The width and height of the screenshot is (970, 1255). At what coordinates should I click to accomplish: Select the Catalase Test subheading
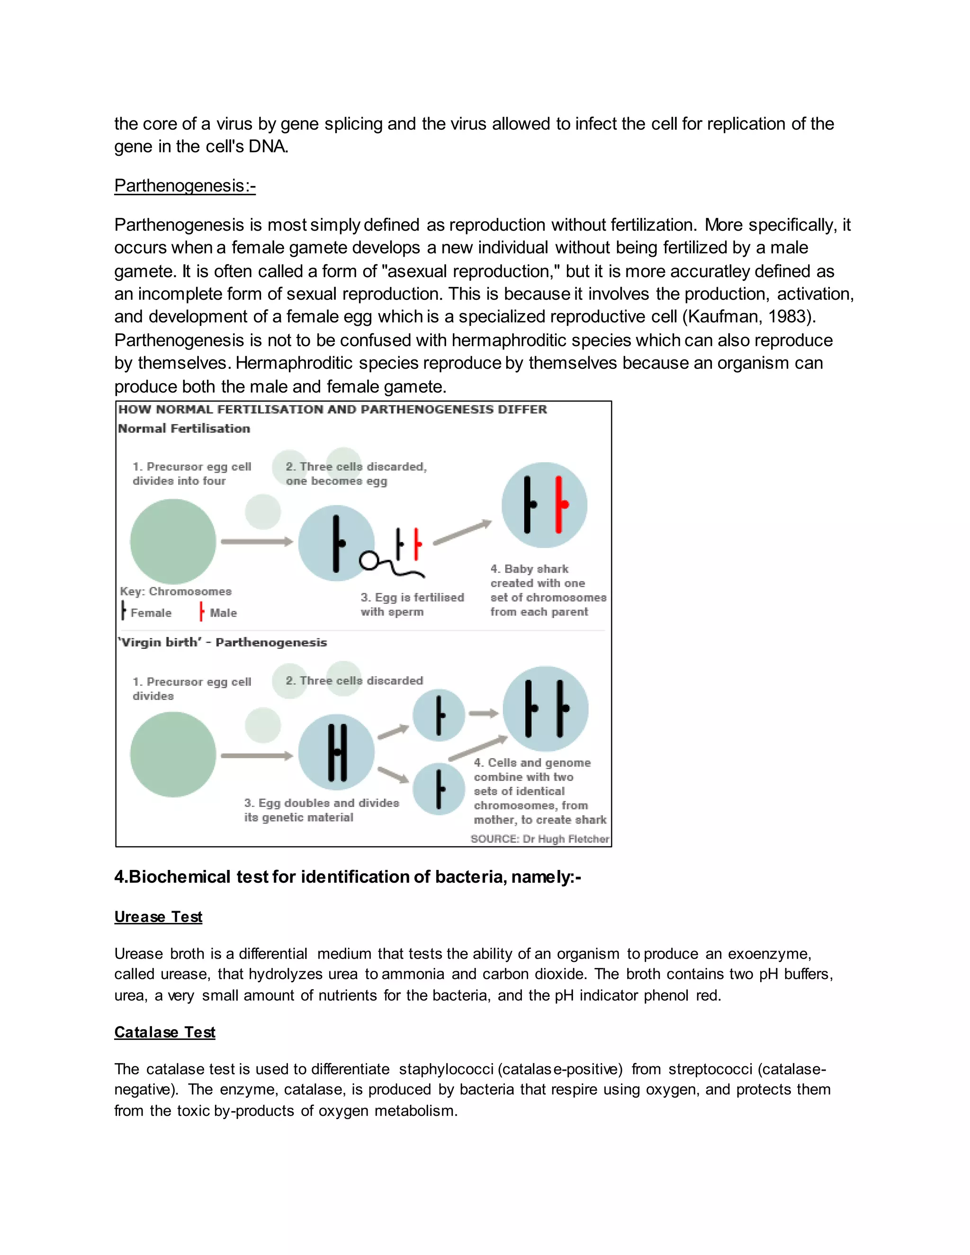click(x=164, y=1032)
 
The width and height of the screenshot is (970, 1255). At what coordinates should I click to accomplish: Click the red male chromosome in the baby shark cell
click(x=560, y=504)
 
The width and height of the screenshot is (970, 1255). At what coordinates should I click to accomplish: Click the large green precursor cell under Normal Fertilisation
click(x=173, y=541)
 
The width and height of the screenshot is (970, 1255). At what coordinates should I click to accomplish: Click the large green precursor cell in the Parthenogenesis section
click(x=173, y=754)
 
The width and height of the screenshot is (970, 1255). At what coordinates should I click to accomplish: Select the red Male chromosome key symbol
click(x=201, y=611)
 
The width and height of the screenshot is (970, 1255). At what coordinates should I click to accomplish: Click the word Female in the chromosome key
click(x=151, y=613)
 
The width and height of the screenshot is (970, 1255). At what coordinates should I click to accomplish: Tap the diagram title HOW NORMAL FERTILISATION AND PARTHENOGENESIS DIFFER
click(x=332, y=410)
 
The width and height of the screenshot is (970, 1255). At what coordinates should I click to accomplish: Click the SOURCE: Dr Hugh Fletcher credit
click(x=539, y=839)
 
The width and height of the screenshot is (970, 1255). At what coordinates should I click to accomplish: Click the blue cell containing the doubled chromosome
click(x=337, y=752)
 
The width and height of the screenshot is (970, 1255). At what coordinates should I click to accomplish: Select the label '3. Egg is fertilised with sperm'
click(x=412, y=604)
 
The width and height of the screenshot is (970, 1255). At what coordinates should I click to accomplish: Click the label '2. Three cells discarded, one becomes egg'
click(x=356, y=474)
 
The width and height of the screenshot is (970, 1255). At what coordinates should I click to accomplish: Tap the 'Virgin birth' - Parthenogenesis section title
click(x=223, y=643)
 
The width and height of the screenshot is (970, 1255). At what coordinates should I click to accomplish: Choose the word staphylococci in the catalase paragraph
click(x=446, y=1069)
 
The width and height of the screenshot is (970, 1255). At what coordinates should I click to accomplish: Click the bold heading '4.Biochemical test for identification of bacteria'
click(x=347, y=877)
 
